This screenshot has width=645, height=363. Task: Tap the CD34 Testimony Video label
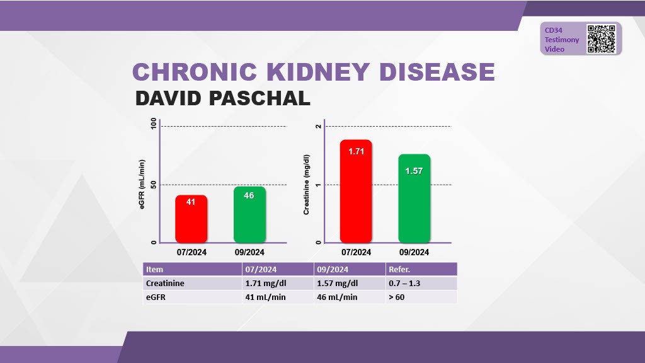tap(562, 39)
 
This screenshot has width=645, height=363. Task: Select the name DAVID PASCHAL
tap(222, 98)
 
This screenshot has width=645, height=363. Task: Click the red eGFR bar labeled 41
tap(191, 219)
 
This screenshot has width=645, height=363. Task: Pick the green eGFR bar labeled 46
tap(249, 214)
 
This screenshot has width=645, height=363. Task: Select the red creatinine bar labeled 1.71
tap(356, 191)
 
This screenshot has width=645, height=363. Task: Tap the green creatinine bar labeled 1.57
tap(414, 199)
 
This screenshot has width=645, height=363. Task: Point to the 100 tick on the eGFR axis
tap(153, 125)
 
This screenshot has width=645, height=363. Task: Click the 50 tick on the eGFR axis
tap(153, 185)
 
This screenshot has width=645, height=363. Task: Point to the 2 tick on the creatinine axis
tap(319, 126)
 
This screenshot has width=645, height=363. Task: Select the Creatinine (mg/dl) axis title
tap(307, 184)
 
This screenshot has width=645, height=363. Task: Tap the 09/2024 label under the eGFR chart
tap(249, 252)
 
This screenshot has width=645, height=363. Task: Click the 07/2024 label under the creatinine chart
tap(356, 252)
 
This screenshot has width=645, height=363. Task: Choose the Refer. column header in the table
tap(399, 269)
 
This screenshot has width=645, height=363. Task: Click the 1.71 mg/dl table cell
tap(266, 283)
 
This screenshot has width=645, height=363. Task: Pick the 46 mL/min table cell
tap(337, 297)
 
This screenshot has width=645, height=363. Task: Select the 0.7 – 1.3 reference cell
tap(404, 283)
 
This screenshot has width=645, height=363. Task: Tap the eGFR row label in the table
tap(157, 297)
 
